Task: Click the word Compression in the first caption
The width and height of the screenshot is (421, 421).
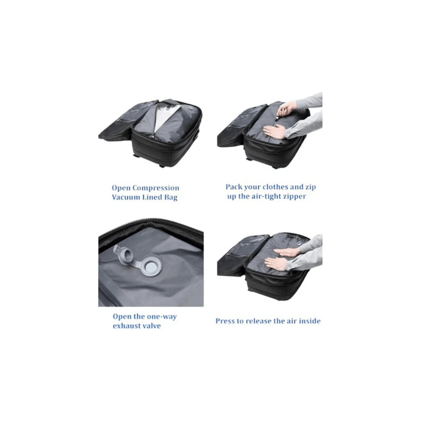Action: (156, 188)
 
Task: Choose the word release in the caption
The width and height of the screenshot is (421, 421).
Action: (258, 321)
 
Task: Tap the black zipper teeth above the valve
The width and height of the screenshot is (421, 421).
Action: (151, 227)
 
